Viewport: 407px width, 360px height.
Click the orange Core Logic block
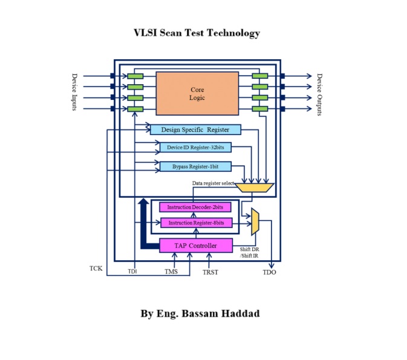pos(197,93)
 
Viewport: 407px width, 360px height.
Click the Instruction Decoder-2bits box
pos(195,208)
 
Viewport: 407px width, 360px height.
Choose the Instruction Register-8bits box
pos(195,223)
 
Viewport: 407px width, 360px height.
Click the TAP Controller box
pos(196,245)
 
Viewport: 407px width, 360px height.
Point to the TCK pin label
pos(96,267)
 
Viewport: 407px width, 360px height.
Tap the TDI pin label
pos(132,272)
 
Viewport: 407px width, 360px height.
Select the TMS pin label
pos(172,272)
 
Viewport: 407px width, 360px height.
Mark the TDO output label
pos(270,272)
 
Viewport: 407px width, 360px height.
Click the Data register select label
pos(213,183)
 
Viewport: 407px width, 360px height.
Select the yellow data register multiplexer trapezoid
pos(254,188)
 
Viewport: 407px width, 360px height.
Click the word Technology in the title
pos(233,33)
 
